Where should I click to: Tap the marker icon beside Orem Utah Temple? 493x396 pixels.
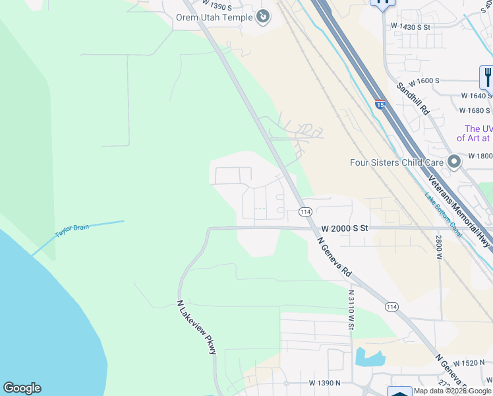[263, 16]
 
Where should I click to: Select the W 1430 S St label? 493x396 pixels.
[410, 27]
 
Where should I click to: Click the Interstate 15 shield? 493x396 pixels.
[380, 104]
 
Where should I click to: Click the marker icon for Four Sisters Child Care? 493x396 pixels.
[453, 161]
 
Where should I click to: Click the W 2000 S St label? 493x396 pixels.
[344, 228]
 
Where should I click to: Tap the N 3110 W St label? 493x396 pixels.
[352, 310]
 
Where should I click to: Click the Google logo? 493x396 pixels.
[22, 388]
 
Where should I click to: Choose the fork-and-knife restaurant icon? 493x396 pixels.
[487, 77]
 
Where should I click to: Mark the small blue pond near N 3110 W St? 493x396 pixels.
[369, 358]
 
